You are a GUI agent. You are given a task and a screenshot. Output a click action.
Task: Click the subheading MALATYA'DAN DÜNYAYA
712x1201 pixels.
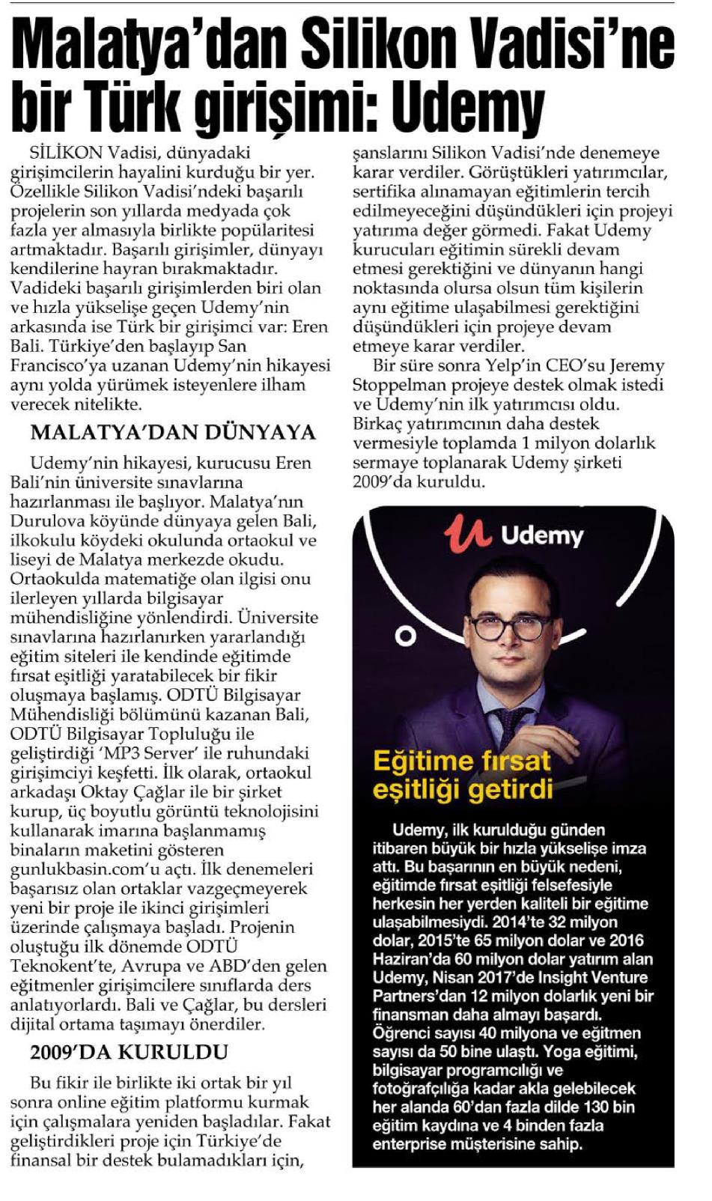tap(173, 433)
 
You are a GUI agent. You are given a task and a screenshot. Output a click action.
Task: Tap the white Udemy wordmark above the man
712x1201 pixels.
tap(542, 536)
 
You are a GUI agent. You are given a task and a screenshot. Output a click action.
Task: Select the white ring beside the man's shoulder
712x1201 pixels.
tap(406, 636)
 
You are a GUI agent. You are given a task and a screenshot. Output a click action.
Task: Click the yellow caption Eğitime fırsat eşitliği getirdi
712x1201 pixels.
tap(462, 774)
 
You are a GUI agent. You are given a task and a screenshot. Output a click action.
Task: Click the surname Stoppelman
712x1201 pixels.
tap(401, 386)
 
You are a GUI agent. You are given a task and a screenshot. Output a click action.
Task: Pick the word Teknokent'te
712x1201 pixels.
tap(58, 966)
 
